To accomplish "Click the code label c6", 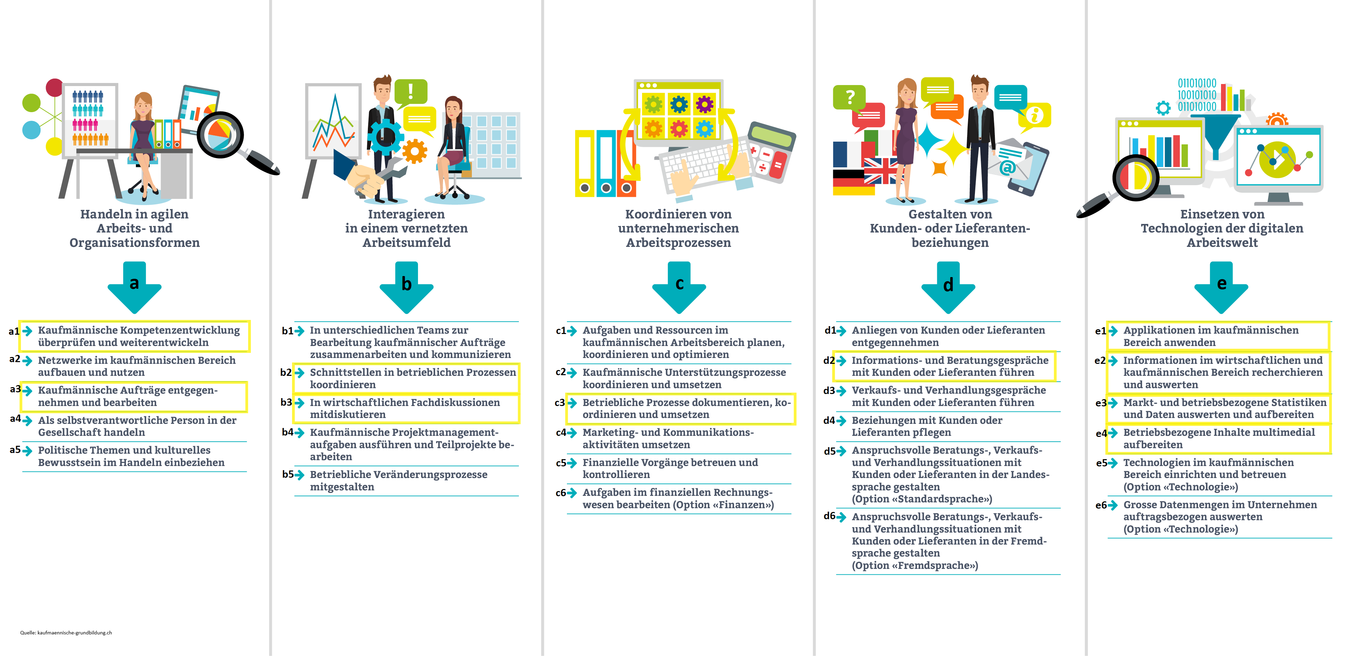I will pyautogui.click(x=561, y=493).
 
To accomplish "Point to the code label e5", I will pyautogui.click(x=1101, y=463).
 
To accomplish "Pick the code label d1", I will pyautogui.click(x=830, y=330).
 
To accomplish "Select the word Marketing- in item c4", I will pyautogui.click(x=610, y=432).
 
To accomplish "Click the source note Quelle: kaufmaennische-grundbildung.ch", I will pyautogui.click(x=66, y=632).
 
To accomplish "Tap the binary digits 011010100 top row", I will pyautogui.click(x=1197, y=83).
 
